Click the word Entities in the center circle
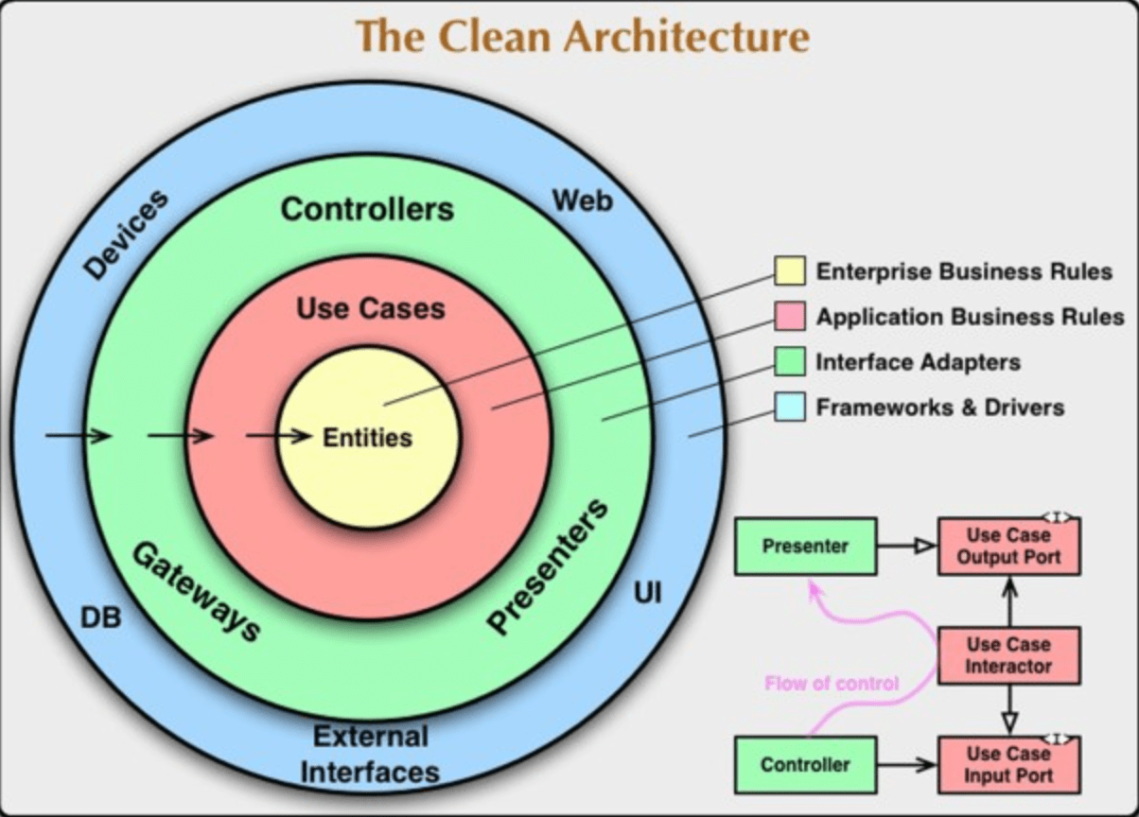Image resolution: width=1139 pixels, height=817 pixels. [x=368, y=438]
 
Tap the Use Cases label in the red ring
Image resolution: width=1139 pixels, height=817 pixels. [x=370, y=308]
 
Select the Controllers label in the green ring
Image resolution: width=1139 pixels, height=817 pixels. [x=367, y=208]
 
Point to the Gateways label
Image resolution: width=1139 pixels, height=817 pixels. [x=195, y=592]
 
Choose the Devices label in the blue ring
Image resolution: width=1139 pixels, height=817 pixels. [x=126, y=235]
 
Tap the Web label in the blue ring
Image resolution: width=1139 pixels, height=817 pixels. [x=582, y=200]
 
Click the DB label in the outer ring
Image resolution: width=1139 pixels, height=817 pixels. [x=99, y=617]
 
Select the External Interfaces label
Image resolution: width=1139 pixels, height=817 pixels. [x=370, y=754]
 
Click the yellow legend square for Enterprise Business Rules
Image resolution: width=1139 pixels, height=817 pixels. [x=790, y=271]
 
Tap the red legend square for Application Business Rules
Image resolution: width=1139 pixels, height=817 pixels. [x=790, y=317]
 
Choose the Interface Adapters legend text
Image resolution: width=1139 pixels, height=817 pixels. [x=918, y=362]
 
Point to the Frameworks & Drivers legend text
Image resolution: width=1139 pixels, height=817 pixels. [x=939, y=408]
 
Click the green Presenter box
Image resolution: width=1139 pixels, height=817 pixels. [x=805, y=547]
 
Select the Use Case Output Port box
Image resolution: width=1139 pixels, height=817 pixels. [x=1008, y=547]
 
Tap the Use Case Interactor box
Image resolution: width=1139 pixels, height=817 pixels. [x=1008, y=655]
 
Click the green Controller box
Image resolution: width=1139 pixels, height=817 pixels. [x=805, y=764]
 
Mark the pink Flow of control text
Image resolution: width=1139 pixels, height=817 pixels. [x=832, y=683]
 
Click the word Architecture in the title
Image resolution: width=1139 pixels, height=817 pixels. [x=687, y=38]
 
